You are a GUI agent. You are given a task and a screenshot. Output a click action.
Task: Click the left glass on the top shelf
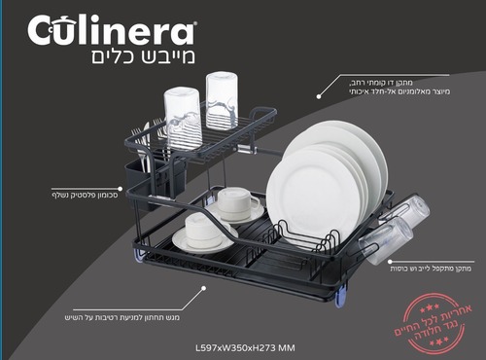point(182,115)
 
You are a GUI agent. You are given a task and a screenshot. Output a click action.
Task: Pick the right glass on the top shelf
point(222,99)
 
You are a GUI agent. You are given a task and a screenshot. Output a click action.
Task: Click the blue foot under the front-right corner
point(340,296)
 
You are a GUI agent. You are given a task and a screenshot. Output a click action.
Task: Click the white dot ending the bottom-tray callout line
point(202,289)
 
